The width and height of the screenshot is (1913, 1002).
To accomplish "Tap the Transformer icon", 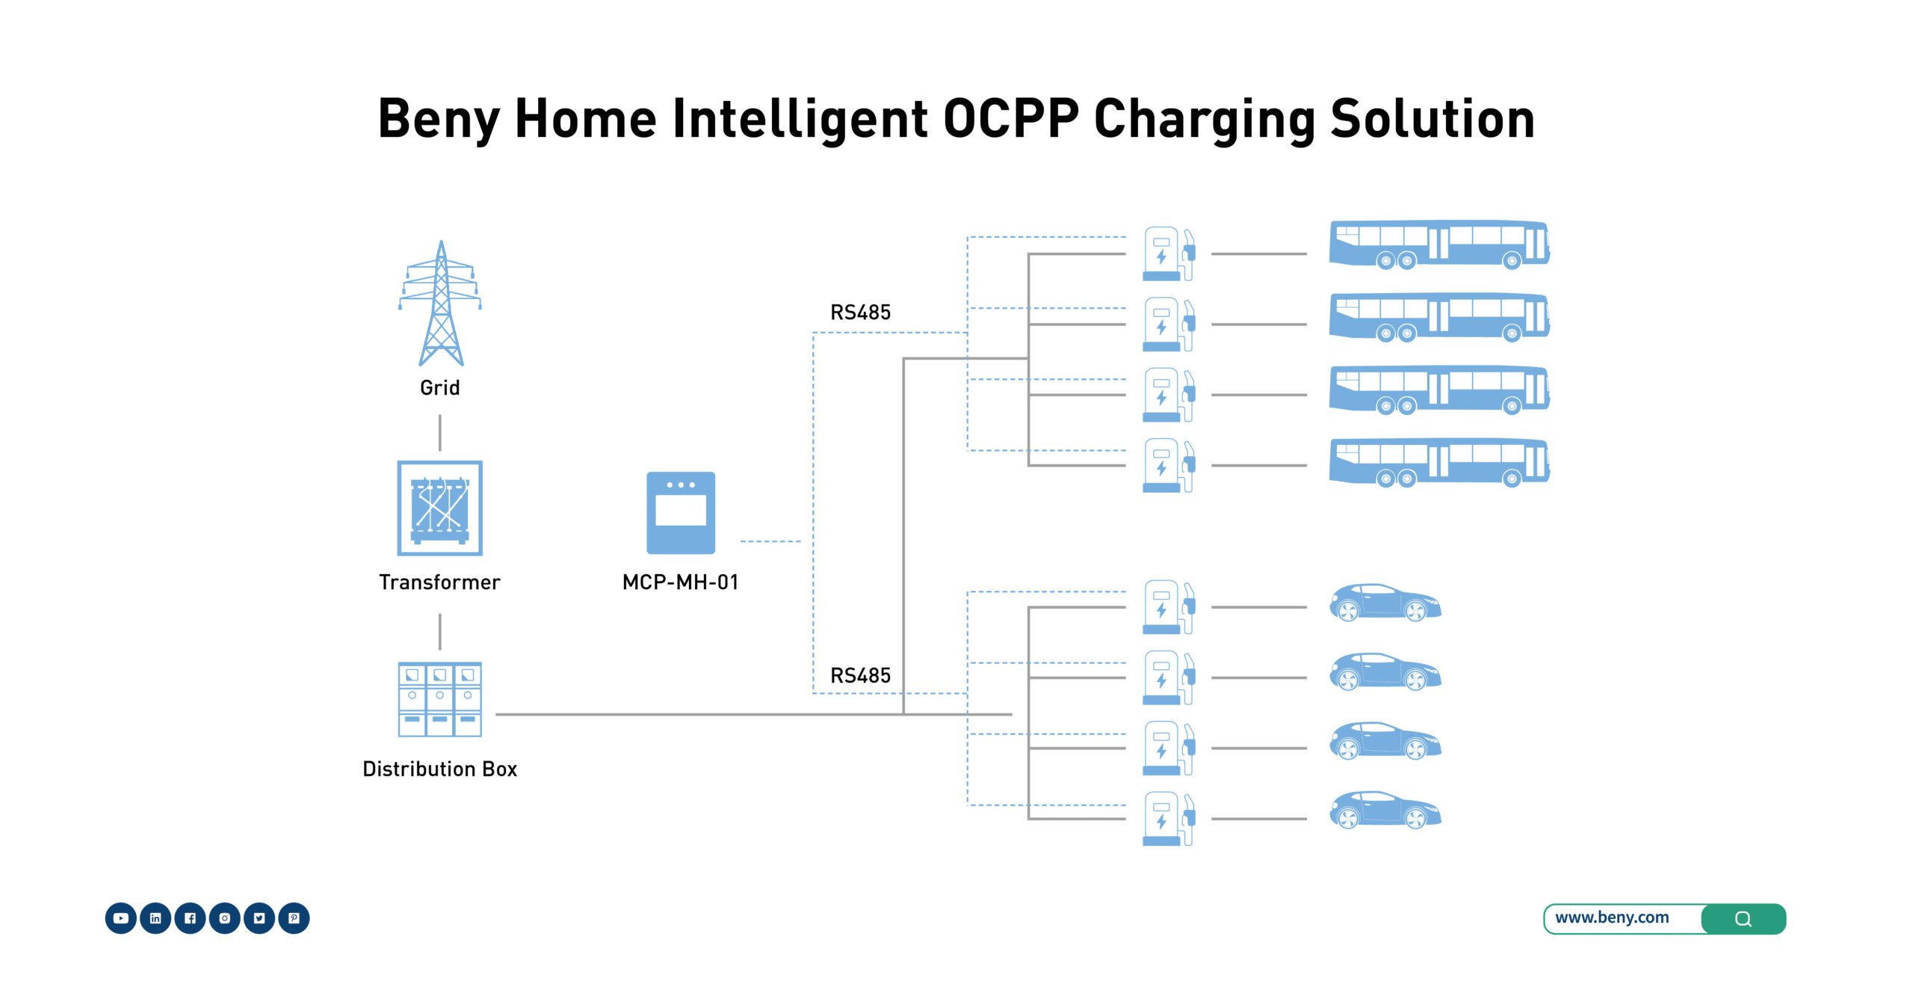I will pyautogui.click(x=439, y=508).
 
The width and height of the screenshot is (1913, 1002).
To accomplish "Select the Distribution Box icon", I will pyautogui.click(x=439, y=699).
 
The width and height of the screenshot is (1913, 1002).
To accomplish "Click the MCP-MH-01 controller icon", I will pyautogui.click(x=680, y=513).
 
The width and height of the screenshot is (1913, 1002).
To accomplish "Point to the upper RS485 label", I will pyautogui.click(x=860, y=313).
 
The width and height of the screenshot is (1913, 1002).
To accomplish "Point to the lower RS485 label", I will pyautogui.click(x=860, y=676).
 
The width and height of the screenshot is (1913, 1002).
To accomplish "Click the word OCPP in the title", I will pyautogui.click(x=1010, y=120).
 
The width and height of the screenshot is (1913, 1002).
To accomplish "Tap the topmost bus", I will pyautogui.click(x=1438, y=245).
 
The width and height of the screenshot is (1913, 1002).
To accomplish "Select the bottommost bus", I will pyautogui.click(x=1438, y=463).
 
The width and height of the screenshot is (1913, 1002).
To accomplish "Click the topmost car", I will pyautogui.click(x=1385, y=603).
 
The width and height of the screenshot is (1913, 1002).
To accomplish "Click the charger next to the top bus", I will pyautogui.click(x=1168, y=254).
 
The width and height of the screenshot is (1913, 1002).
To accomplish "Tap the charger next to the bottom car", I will pyautogui.click(x=1168, y=819).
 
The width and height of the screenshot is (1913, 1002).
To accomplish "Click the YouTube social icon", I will pyautogui.click(x=121, y=918).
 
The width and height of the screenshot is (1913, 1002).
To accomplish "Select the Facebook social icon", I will pyautogui.click(x=190, y=918).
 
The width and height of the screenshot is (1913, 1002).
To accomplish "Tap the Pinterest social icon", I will pyautogui.click(x=294, y=918).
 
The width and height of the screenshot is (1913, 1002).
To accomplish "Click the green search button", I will pyautogui.click(x=1743, y=919).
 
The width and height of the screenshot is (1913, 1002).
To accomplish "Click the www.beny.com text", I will pyautogui.click(x=1612, y=918).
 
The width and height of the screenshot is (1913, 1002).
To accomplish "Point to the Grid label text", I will pyautogui.click(x=439, y=388).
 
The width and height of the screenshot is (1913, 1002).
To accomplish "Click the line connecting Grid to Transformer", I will pyautogui.click(x=439, y=433).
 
